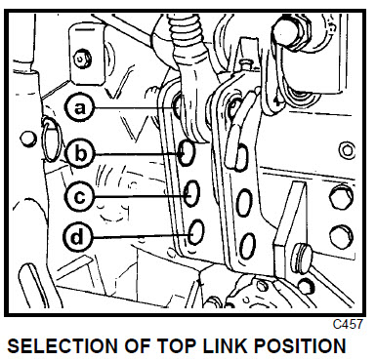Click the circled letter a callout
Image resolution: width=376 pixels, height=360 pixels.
tap(79, 107)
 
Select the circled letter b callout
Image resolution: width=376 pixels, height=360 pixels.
tap(80, 153)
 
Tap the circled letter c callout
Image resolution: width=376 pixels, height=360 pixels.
tap(79, 196)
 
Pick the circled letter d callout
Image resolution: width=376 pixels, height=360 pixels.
tap(78, 236)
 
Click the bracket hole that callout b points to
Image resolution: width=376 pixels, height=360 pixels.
tap(187, 152)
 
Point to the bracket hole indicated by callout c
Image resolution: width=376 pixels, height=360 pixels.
tap(191, 193)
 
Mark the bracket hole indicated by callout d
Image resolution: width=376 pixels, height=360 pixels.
tap(196, 232)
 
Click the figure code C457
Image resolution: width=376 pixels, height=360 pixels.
tap(348, 324)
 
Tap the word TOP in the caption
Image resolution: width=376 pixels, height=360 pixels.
tap(177, 346)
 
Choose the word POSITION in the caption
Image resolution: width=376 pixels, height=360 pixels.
tap(300, 346)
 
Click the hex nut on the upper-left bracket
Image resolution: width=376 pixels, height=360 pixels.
tap(82, 59)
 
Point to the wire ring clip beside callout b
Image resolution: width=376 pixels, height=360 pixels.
tap(52, 140)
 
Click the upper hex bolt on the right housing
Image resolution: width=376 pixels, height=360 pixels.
tap(341, 197)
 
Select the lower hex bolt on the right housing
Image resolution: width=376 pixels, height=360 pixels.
tap(341, 237)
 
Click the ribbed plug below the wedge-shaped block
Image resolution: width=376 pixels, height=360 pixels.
tap(300, 259)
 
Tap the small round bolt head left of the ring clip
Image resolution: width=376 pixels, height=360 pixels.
tap(28, 139)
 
